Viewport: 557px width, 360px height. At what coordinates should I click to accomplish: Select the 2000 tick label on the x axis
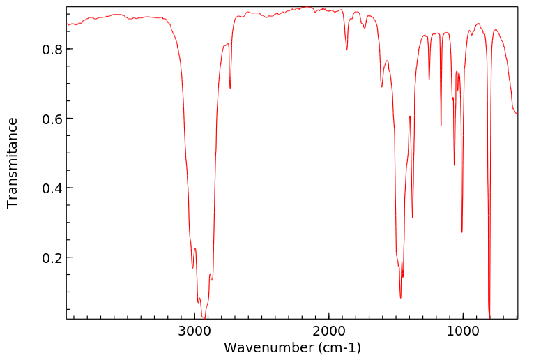(x=328, y=331)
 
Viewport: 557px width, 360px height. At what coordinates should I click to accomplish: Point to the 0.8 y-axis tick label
(x=52, y=50)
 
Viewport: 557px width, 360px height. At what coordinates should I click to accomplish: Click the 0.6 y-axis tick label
(x=52, y=119)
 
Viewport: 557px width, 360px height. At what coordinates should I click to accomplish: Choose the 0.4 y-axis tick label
(x=52, y=188)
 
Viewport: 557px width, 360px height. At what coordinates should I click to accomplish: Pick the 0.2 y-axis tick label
(x=52, y=258)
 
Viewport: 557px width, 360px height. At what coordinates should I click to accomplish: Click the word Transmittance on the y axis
(x=13, y=163)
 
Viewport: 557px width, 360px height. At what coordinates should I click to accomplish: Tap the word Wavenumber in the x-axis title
(x=267, y=347)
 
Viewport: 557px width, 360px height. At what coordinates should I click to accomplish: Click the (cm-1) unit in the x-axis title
(x=337, y=347)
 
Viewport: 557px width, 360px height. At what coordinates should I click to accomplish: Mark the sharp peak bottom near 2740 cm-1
(x=230, y=88)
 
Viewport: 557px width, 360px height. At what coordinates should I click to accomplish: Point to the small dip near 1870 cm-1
(x=346, y=50)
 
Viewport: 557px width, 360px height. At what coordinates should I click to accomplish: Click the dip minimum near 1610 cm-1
(x=381, y=87)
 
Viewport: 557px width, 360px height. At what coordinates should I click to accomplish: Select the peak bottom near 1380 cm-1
(x=413, y=217)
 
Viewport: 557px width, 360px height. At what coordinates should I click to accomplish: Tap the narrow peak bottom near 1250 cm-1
(x=429, y=79)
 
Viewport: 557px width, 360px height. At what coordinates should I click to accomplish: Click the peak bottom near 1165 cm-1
(x=441, y=126)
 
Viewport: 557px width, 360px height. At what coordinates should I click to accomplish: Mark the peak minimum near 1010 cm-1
(x=462, y=232)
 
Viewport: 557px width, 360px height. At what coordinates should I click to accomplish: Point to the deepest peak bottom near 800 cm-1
(x=489, y=317)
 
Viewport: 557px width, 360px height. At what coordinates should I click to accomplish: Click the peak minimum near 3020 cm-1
(x=192, y=267)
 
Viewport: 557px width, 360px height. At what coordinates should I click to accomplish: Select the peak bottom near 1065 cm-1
(x=455, y=165)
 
